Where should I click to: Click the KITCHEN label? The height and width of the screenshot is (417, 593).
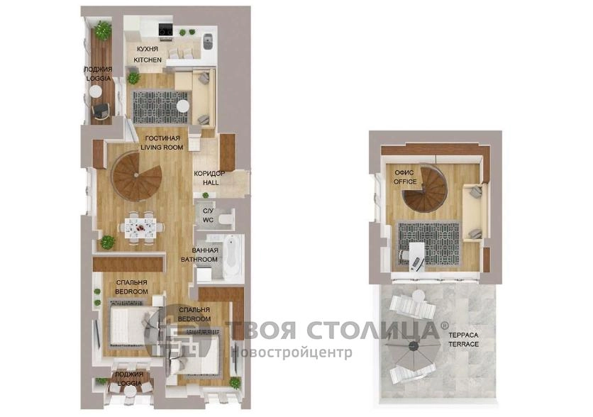click(148, 60)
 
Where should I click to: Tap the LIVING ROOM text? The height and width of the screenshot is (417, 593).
click(162, 147)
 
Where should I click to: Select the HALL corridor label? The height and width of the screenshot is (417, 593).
click(211, 182)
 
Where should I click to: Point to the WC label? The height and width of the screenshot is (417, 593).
click(208, 220)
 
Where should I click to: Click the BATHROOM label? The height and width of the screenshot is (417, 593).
click(199, 260)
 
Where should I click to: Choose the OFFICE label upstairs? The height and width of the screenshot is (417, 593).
click(405, 182)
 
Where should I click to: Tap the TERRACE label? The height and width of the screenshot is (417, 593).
click(464, 344)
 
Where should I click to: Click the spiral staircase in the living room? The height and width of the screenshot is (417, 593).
click(138, 176)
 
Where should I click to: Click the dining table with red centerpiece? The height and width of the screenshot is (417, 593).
click(140, 228)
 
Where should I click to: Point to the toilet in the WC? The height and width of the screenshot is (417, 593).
click(226, 218)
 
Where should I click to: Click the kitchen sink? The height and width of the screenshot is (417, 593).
click(209, 41)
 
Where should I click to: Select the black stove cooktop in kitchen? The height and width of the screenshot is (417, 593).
click(166, 29)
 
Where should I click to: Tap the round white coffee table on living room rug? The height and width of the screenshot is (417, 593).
click(183, 106)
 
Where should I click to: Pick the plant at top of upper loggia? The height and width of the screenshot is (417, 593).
click(102, 30)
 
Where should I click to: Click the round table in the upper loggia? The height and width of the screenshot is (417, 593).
click(95, 91)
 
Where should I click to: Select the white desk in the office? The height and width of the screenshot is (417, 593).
click(417, 256)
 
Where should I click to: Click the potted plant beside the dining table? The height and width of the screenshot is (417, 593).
click(107, 243)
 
